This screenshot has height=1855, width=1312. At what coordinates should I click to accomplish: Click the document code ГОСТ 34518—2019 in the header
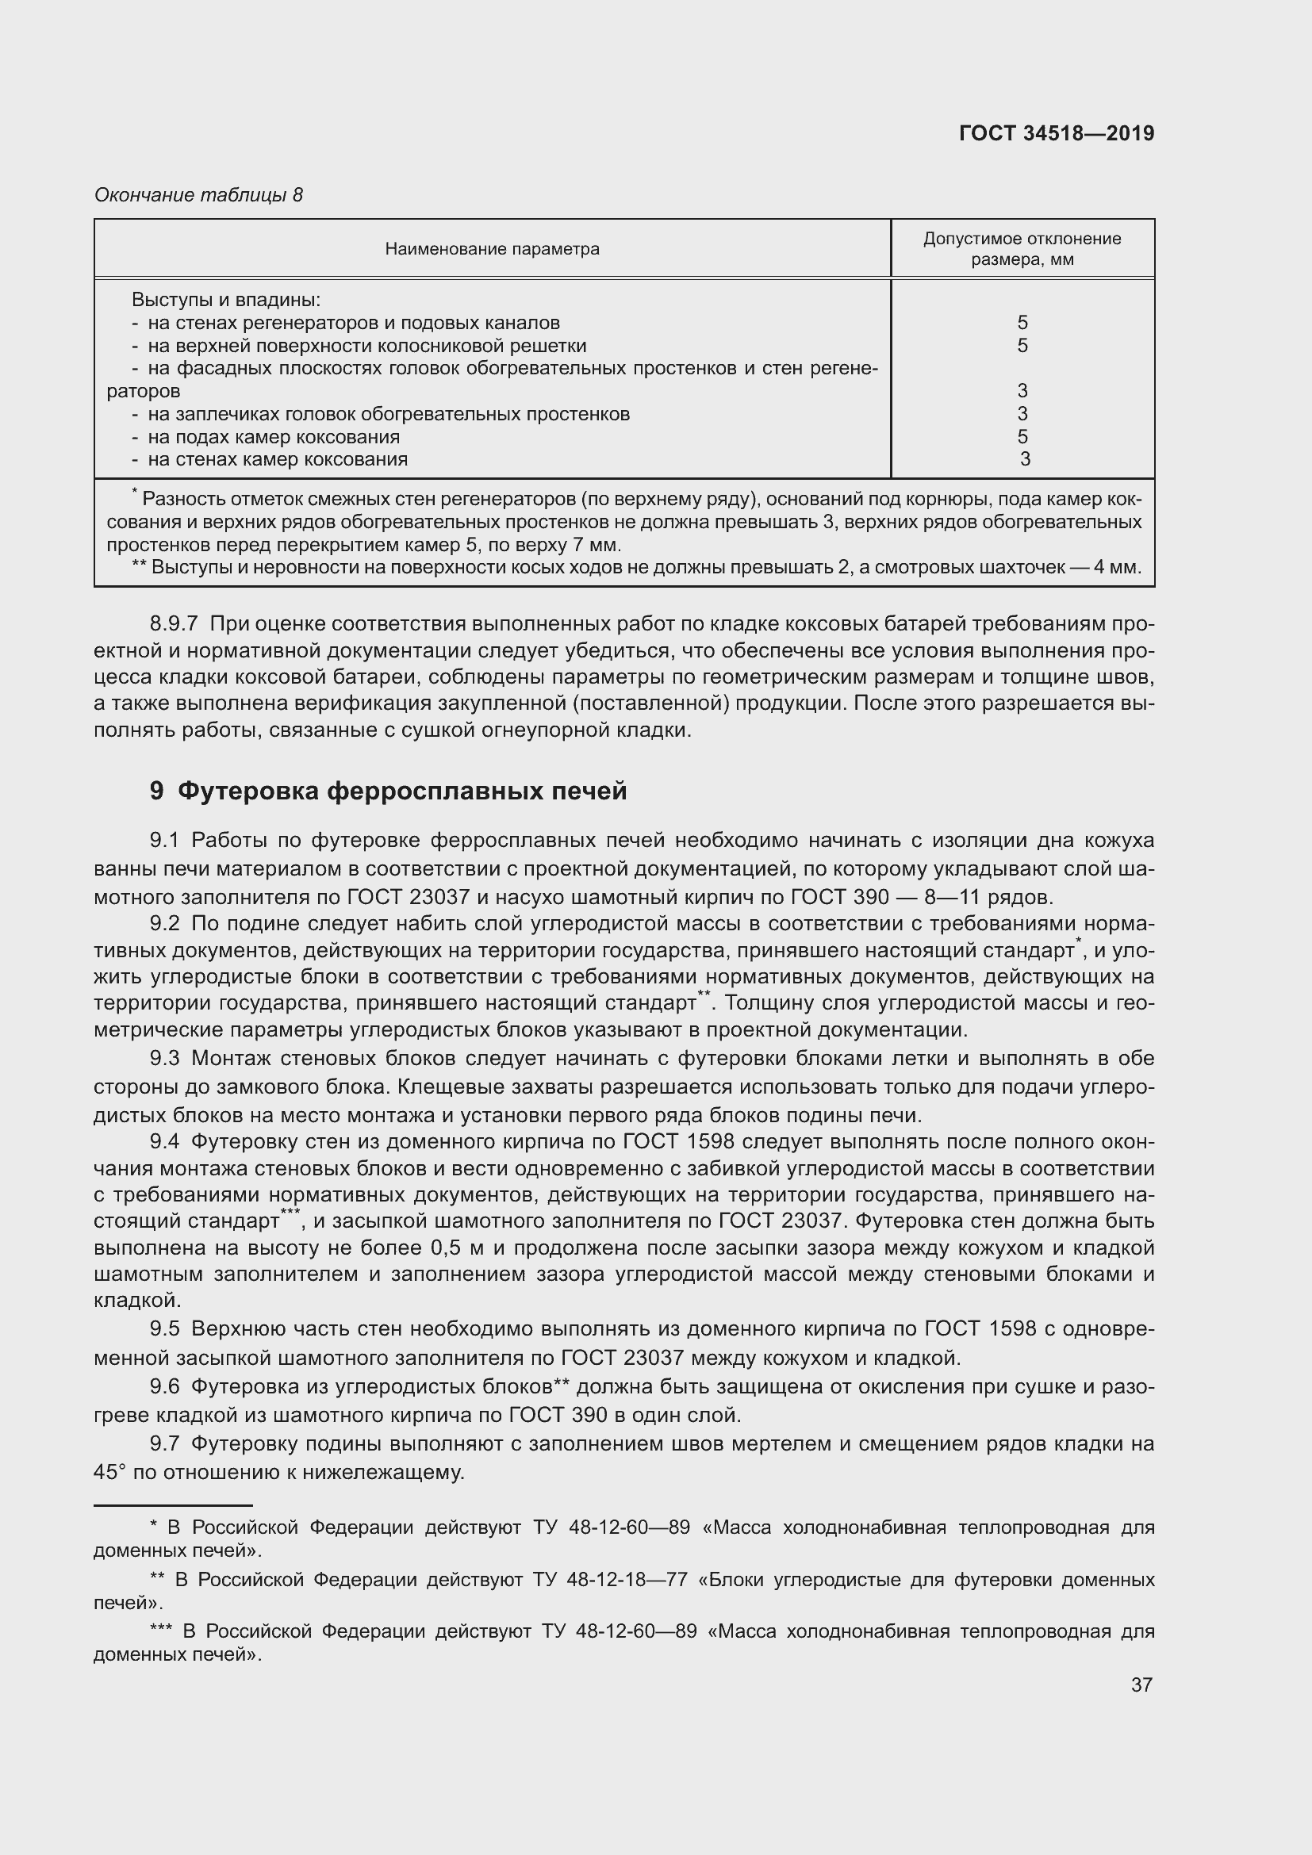[x=1056, y=133]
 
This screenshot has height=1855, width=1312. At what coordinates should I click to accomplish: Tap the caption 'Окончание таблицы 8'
[x=199, y=195]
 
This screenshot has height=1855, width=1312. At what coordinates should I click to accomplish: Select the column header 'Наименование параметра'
[x=492, y=249]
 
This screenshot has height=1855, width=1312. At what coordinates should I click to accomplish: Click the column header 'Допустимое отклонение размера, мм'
[x=1022, y=249]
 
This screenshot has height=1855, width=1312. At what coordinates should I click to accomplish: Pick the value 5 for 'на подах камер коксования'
[x=1022, y=437]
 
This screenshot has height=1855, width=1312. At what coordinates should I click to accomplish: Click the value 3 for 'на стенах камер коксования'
[x=1024, y=460]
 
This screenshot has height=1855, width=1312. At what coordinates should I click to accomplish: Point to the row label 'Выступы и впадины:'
[x=226, y=300]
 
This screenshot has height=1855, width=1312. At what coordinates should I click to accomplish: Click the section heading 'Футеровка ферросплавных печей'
[x=401, y=790]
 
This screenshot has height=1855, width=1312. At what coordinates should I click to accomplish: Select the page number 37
[x=1141, y=1684]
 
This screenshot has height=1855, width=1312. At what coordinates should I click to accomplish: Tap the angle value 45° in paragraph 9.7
[x=110, y=1472]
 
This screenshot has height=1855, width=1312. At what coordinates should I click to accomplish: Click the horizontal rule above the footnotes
[x=173, y=1506]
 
